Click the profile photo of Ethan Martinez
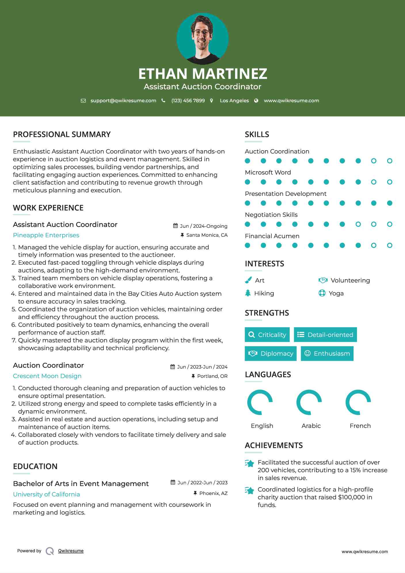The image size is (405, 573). tap(202, 39)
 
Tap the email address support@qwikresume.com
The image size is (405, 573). tap(123, 100)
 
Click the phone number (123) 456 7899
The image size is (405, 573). tap(188, 100)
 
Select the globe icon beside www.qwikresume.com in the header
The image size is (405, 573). tap(256, 100)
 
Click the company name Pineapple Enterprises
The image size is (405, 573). tap(46, 235)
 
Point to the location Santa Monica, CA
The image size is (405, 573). tap(207, 235)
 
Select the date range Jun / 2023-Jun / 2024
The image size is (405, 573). tap(202, 367)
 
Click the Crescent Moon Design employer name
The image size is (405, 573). tap(47, 376)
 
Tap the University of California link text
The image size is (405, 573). tap(46, 494)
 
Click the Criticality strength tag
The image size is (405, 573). tap(267, 335)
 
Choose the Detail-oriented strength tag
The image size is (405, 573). tap(325, 335)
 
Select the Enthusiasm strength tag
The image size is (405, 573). tap(327, 353)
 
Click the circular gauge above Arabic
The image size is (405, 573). tap(309, 402)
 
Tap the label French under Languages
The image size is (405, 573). tap(360, 426)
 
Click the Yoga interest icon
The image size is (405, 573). tap(322, 293)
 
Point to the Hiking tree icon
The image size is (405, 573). tap(248, 293)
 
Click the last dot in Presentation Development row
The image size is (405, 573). tap(389, 203)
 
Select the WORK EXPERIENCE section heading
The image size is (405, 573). tap(48, 208)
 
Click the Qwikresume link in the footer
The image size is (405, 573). tap(71, 551)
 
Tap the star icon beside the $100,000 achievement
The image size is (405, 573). tap(250, 490)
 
